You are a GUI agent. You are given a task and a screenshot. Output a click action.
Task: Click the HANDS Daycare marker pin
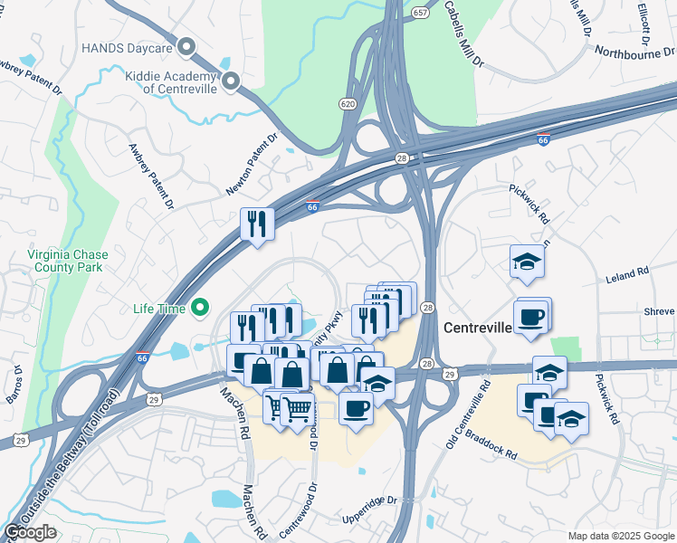click(187, 46)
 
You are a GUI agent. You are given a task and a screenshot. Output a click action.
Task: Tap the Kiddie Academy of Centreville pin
click(231, 82)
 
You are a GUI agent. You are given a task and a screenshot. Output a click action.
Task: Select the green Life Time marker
click(199, 309)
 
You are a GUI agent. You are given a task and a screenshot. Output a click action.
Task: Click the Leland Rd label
click(630, 271)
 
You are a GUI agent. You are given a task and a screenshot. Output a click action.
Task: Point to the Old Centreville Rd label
click(466, 414)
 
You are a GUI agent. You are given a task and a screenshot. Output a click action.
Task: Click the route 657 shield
click(420, 14)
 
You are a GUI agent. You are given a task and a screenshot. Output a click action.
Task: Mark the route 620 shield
click(348, 104)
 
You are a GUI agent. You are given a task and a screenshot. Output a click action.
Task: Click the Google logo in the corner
click(29, 531)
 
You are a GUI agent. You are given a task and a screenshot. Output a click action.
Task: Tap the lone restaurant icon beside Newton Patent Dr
click(257, 223)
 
